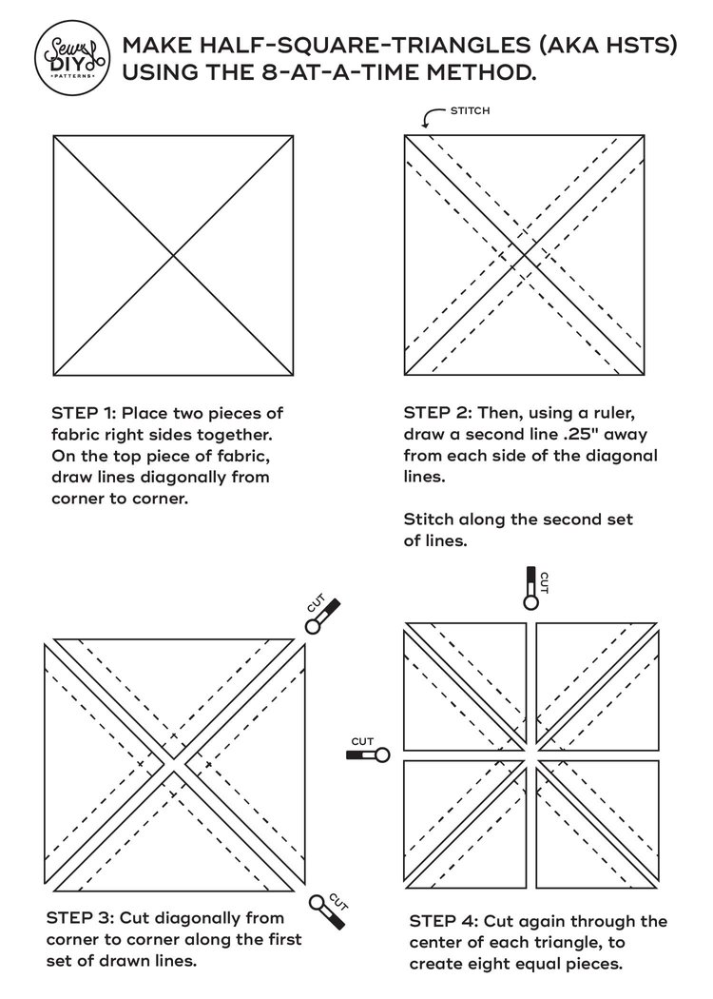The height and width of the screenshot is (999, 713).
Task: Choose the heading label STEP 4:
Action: pyautogui.click(x=444, y=921)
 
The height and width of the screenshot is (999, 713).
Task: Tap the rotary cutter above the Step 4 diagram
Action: pyautogui.click(x=530, y=586)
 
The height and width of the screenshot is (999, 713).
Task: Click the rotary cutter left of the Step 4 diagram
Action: pyautogui.click(x=367, y=755)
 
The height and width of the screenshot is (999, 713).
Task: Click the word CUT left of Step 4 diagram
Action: pyautogui.click(x=362, y=740)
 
